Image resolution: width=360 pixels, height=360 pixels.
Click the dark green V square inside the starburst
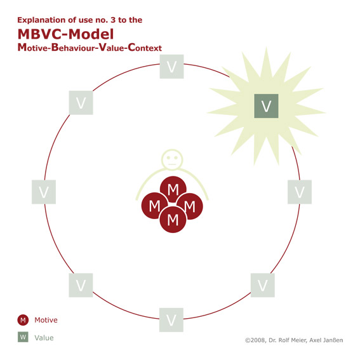[x=266, y=106]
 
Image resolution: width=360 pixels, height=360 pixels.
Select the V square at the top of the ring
[x=171, y=67]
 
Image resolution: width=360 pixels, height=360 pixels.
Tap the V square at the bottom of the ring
[x=171, y=320]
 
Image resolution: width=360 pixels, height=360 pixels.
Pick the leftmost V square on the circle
[x=44, y=192]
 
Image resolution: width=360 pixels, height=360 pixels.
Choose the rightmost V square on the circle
[x=300, y=192]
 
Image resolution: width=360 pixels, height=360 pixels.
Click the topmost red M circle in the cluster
[x=173, y=189]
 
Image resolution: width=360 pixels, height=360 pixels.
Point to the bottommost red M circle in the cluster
[x=173, y=220]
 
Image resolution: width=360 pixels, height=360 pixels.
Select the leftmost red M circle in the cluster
[x=154, y=206]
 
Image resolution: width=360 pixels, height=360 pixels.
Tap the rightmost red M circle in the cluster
[x=190, y=206]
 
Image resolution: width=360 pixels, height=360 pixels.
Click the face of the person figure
[x=172, y=159]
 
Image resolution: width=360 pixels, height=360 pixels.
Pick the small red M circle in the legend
[x=23, y=320]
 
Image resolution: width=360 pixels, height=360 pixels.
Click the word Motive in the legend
[x=46, y=320]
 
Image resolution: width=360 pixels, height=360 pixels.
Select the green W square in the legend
[x=23, y=337]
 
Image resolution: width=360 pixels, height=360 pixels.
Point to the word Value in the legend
[x=44, y=338]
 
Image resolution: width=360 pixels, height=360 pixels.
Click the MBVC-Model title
[x=65, y=34]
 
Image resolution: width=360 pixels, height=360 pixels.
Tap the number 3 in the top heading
[x=113, y=20]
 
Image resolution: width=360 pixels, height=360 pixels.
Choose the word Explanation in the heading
[x=42, y=20]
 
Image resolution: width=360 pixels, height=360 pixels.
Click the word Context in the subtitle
[x=145, y=48]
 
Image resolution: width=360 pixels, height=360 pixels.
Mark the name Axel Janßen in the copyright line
[x=326, y=340]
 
